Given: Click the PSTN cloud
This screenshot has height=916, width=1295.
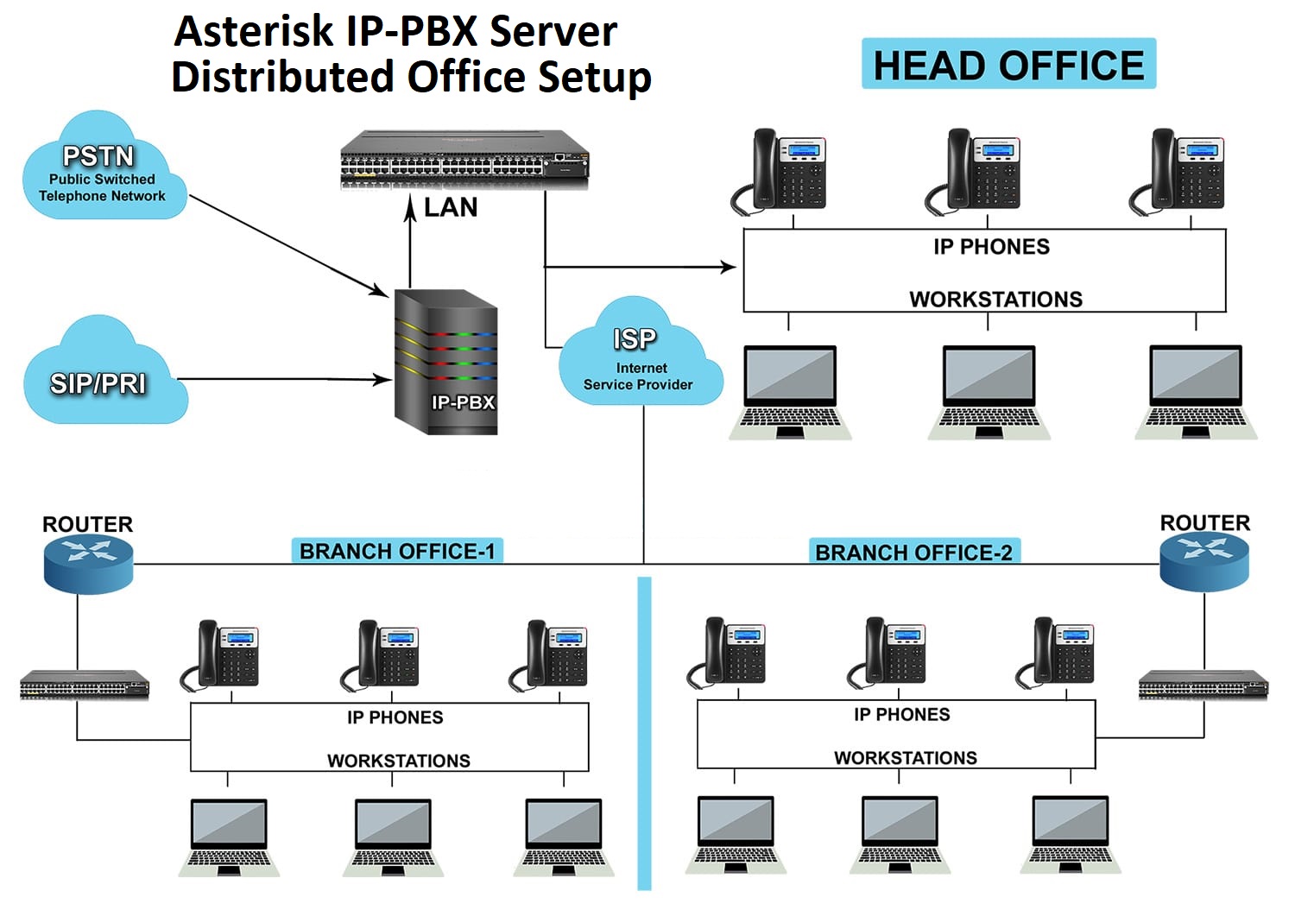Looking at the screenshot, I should [x=102, y=168].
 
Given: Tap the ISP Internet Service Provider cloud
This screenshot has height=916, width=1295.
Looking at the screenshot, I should [x=639, y=358].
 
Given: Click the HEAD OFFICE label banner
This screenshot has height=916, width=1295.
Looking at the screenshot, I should [x=1008, y=65].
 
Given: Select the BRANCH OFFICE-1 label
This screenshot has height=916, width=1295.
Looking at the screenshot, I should [x=397, y=551].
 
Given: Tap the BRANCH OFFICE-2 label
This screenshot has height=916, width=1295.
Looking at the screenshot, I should [x=913, y=553].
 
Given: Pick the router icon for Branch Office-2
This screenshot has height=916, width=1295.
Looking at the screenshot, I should [x=1203, y=561].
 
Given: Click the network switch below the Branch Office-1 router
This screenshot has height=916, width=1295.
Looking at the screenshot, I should [x=85, y=685].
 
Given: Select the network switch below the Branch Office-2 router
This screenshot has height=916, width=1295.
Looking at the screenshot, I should [x=1203, y=685].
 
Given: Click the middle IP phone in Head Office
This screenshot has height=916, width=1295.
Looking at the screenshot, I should [x=974, y=171].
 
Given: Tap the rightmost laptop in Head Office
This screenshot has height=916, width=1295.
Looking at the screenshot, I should [x=1197, y=393].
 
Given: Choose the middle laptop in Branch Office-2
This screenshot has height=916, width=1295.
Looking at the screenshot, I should [x=899, y=833].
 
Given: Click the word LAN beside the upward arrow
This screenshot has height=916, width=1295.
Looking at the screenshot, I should [x=451, y=208].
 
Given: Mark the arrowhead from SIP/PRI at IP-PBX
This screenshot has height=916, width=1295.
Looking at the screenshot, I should [x=384, y=379].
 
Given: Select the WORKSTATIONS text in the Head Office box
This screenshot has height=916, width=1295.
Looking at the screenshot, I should [x=995, y=300].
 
